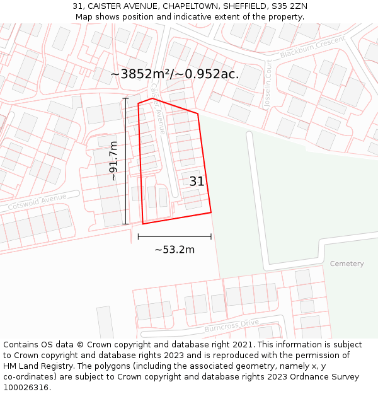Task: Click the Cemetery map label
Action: (x=346, y=264)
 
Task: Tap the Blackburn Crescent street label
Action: (x=312, y=48)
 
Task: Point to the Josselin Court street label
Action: (x=268, y=85)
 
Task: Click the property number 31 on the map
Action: (x=197, y=182)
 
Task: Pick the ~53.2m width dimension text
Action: (x=175, y=250)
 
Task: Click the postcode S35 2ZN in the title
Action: (x=290, y=6)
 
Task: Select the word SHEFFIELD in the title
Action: (x=241, y=6)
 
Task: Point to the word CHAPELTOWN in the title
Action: (x=188, y=6)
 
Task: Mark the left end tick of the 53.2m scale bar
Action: (x=138, y=237)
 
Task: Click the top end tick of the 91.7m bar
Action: (x=126, y=98)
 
